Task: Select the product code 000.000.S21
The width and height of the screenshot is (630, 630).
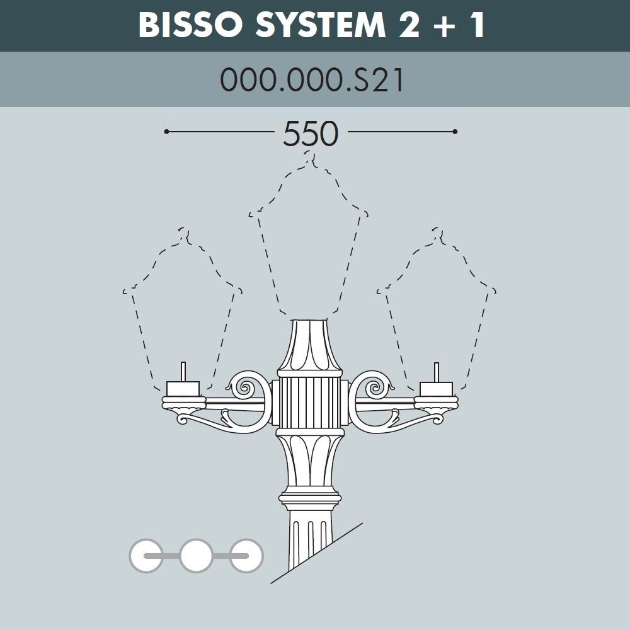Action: [311, 81]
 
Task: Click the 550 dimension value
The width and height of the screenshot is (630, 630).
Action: [311, 134]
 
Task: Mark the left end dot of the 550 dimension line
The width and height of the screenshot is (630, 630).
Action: [166, 132]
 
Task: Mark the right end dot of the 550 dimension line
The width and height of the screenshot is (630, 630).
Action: [454, 132]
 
